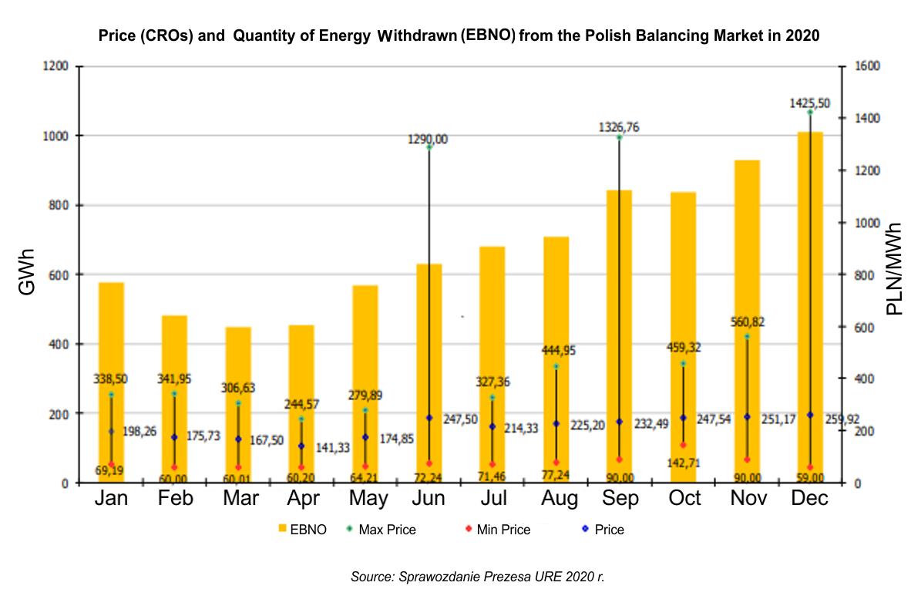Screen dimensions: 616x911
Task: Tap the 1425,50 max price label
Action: tap(809, 103)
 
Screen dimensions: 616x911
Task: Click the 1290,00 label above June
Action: tap(429, 140)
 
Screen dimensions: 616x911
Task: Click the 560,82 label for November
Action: tap(746, 321)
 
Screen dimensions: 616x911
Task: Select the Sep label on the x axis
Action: tap(620, 499)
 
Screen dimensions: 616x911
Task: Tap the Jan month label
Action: tap(112, 499)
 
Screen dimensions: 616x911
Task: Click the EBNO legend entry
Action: tap(302, 530)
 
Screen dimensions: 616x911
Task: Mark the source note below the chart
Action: tap(478, 577)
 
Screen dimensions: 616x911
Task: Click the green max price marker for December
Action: tap(810, 113)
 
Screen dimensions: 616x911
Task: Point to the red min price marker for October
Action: tap(683, 445)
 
